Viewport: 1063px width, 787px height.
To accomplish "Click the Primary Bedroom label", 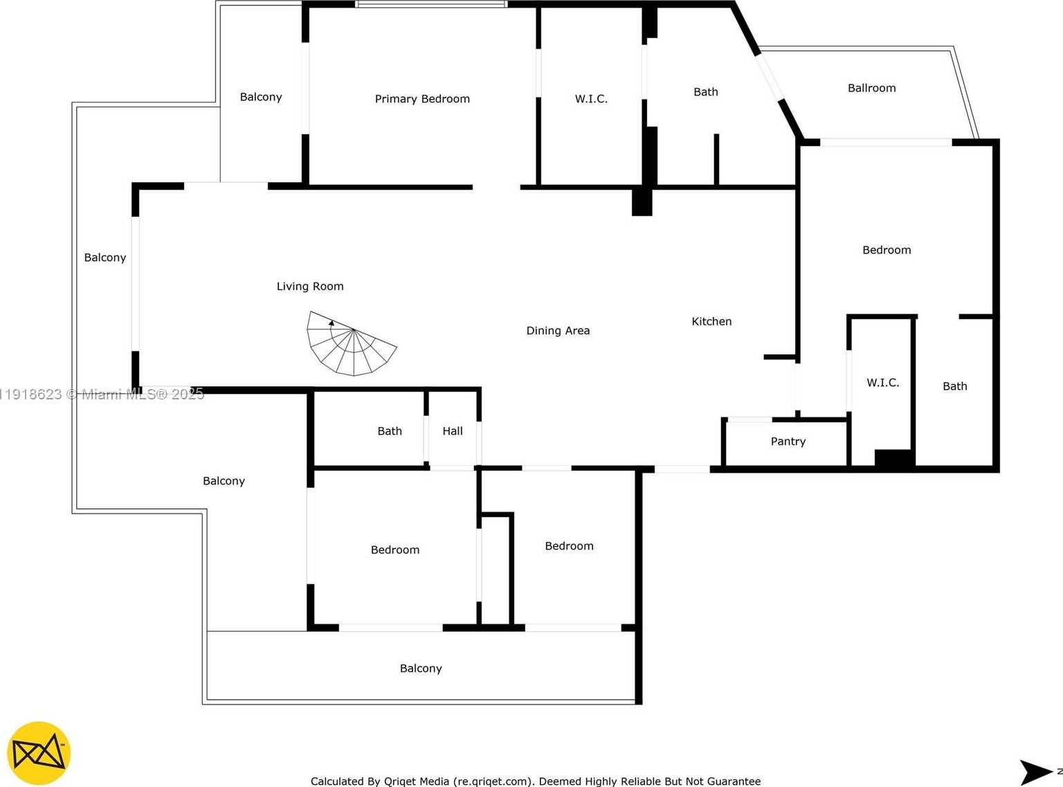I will (422, 99).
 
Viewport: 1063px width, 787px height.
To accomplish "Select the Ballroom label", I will (871, 88).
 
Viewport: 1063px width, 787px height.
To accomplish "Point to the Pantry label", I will (788, 442).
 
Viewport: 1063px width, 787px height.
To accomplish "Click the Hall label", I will (453, 431).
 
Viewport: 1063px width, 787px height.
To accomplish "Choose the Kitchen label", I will (711, 321).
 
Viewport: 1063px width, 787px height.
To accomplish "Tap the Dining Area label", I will (558, 331).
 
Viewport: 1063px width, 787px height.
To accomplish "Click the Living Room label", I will (310, 287).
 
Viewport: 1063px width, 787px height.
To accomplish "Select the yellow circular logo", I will (39, 753).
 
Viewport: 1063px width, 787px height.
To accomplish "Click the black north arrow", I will (1035, 772).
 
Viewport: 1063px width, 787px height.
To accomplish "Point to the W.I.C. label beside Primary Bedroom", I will (591, 99).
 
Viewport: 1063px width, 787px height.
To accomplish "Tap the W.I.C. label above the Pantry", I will (882, 383).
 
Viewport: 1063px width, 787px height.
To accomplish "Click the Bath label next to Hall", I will (390, 431).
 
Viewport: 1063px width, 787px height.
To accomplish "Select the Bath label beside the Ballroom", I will (705, 92).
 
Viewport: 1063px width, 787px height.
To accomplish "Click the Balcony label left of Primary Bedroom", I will (261, 97).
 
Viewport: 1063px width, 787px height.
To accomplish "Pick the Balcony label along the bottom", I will (421, 669).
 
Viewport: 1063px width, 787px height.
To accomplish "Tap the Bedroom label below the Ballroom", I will (887, 250).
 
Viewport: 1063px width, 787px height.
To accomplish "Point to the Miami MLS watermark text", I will (125, 395).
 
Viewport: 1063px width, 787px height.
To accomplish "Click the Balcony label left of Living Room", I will (105, 257).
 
